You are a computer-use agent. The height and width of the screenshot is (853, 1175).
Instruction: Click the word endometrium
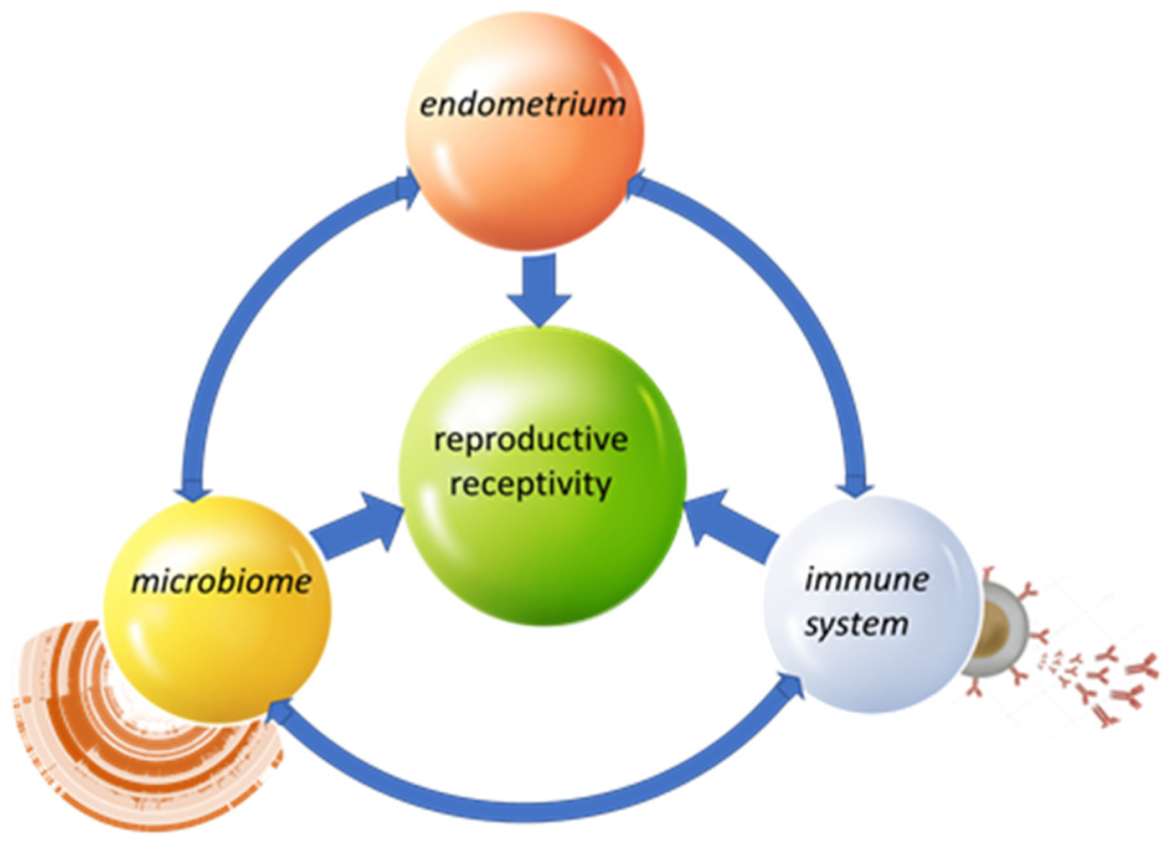[522, 104]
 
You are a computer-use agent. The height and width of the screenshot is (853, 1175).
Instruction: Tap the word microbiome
[221, 582]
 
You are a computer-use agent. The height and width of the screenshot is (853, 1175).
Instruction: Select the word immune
[866, 579]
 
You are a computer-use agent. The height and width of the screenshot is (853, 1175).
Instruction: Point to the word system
[856, 623]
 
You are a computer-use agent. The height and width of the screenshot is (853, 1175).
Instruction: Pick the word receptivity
[530, 484]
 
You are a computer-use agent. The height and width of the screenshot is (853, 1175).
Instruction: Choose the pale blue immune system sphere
[869, 670]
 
